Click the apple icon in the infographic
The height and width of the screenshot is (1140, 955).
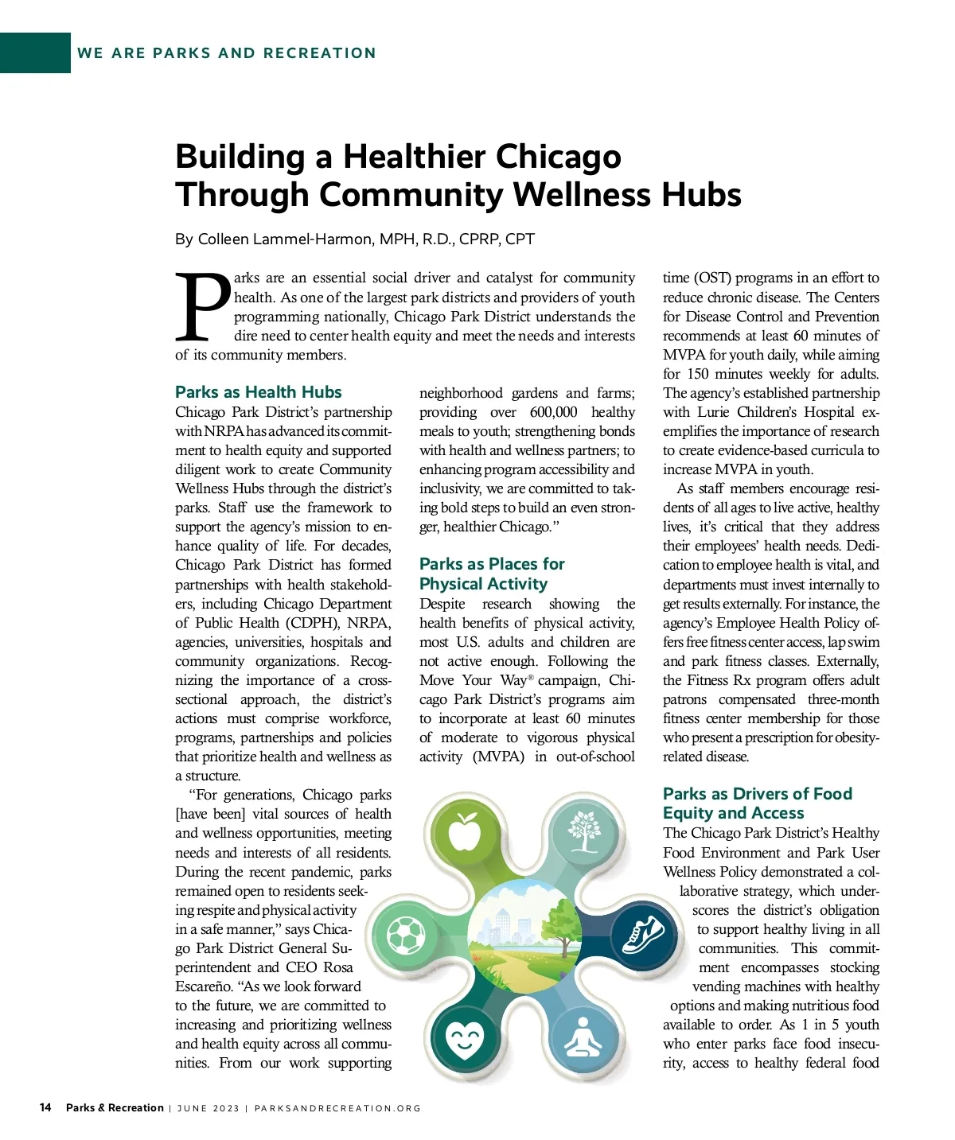tap(464, 831)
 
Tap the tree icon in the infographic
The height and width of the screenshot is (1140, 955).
tap(583, 830)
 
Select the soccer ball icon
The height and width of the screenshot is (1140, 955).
tap(406, 936)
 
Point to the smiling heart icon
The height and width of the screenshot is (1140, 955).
tap(465, 1038)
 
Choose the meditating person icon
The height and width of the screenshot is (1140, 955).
tap(583, 1037)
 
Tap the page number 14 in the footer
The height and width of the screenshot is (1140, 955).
tap(45, 1107)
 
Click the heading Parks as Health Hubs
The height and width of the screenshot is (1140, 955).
tap(258, 392)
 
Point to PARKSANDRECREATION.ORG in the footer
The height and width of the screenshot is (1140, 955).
tap(337, 1108)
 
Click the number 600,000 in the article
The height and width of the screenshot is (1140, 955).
tap(553, 412)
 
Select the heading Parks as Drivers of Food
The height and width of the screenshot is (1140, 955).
tap(757, 794)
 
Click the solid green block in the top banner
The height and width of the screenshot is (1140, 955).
tap(35, 53)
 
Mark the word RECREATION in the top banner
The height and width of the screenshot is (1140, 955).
tap(319, 53)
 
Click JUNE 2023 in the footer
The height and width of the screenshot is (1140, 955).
tap(208, 1108)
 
